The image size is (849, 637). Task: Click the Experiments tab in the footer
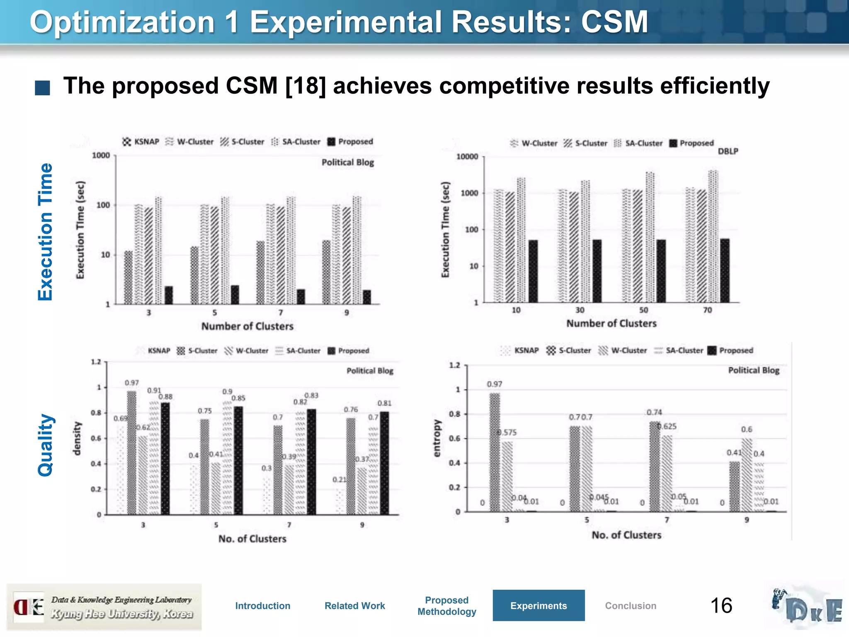[x=538, y=605]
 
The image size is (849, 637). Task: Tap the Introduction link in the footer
[x=262, y=605]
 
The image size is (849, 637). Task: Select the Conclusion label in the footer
[x=630, y=605]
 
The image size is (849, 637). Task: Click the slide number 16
[x=721, y=605]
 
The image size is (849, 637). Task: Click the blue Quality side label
[x=45, y=445]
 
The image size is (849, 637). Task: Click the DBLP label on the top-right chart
[x=728, y=151]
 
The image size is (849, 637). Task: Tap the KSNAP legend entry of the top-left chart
[x=141, y=142]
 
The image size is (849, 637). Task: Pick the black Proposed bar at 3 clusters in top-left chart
[x=169, y=295]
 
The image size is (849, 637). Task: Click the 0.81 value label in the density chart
[x=384, y=403]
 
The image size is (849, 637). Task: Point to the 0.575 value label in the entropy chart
[x=507, y=433]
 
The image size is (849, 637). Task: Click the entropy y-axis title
[x=437, y=438]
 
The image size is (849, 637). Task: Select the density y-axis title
[x=77, y=438]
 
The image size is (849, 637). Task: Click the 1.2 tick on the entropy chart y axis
[x=454, y=365]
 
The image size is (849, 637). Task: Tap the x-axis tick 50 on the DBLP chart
[x=643, y=310]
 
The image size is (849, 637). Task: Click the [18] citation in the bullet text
[x=306, y=86]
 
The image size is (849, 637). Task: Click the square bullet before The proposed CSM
[x=42, y=88]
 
